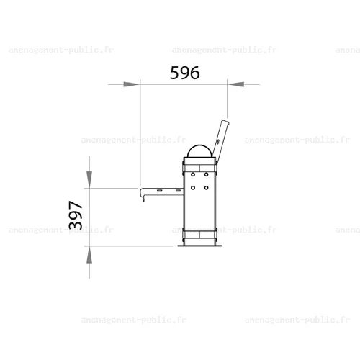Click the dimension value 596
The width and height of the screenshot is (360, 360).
pos(184,73)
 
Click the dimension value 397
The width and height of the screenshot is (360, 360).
pos(76,215)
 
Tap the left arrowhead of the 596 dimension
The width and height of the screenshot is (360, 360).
pos(131,84)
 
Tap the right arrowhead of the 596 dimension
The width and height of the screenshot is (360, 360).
pos(235,84)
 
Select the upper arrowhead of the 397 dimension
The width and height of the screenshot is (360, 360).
pos(89,179)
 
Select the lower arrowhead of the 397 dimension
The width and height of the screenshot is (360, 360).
pos(89,255)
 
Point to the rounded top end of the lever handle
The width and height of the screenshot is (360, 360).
pos(225,122)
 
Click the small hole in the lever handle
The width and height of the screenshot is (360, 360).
pos(218,142)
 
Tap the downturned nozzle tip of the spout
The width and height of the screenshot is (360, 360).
pos(143,199)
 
